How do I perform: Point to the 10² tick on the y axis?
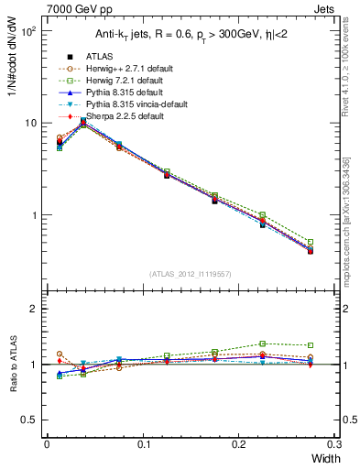tap(28, 31)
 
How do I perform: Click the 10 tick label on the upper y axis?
tap(30, 124)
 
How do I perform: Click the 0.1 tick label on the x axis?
tap(143, 443)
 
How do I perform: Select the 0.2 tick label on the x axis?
tap(240, 443)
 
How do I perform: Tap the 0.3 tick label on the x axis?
tap(335, 443)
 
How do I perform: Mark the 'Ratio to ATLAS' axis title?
tap(11, 365)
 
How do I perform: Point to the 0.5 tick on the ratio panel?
tap(30, 420)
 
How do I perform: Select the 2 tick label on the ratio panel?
tap(35, 309)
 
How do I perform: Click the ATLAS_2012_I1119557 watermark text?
tap(190, 274)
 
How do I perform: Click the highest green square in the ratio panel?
tap(262, 344)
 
